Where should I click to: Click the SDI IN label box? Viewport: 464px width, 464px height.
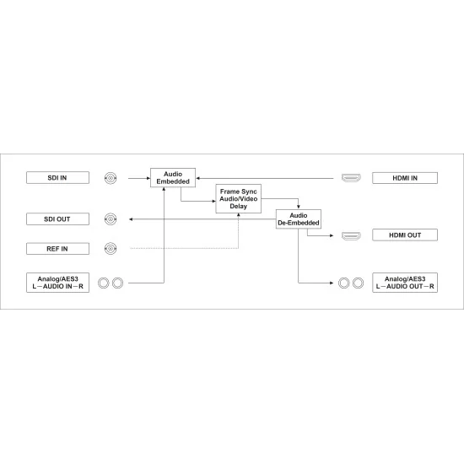pos(57,177)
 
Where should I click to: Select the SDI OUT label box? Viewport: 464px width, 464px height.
pos(57,219)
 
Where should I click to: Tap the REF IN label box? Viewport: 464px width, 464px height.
pos(57,249)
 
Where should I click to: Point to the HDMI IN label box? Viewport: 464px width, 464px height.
pos(405,178)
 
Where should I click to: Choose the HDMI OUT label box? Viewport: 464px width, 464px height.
pos(405,235)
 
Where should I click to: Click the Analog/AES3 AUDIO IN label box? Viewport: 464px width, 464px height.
pos(57,283)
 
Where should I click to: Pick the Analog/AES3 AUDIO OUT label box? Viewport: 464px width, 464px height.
pos(405,283)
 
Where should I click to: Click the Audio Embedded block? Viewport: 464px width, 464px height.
pos(173,177)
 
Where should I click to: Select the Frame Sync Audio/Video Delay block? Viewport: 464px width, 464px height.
pos(238,198)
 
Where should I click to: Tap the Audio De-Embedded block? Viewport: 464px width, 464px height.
pos(299,219)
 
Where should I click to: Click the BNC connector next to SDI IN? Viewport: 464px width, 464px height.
pos(111,178)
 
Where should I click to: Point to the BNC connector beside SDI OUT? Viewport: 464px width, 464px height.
pos(111,219)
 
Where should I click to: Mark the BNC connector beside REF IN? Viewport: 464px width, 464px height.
pos(111,249)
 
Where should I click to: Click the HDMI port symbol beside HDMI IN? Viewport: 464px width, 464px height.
pos(351,178)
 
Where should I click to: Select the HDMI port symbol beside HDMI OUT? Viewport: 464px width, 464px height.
pos(351,235)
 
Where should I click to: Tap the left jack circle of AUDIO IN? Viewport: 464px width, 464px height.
pos(104,283)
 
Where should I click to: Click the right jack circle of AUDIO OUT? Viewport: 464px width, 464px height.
pos(358,283)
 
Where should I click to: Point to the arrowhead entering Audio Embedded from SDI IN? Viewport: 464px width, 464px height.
pos(148,178)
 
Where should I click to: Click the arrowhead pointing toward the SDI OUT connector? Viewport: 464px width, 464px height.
pos(131,219)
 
